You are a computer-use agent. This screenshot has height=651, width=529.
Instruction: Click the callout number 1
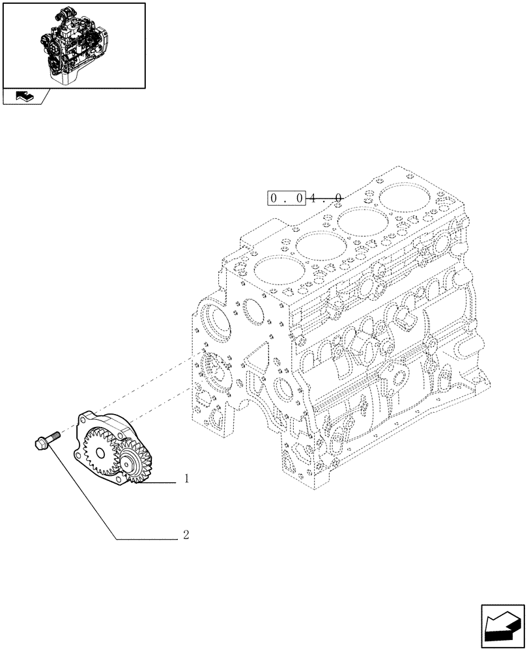pos(186,480)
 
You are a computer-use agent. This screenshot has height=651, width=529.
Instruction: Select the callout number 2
pos(186,536)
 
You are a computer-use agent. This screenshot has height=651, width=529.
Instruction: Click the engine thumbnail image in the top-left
pos(73,45)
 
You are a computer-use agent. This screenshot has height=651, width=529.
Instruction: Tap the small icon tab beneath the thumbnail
pos(24,97)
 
